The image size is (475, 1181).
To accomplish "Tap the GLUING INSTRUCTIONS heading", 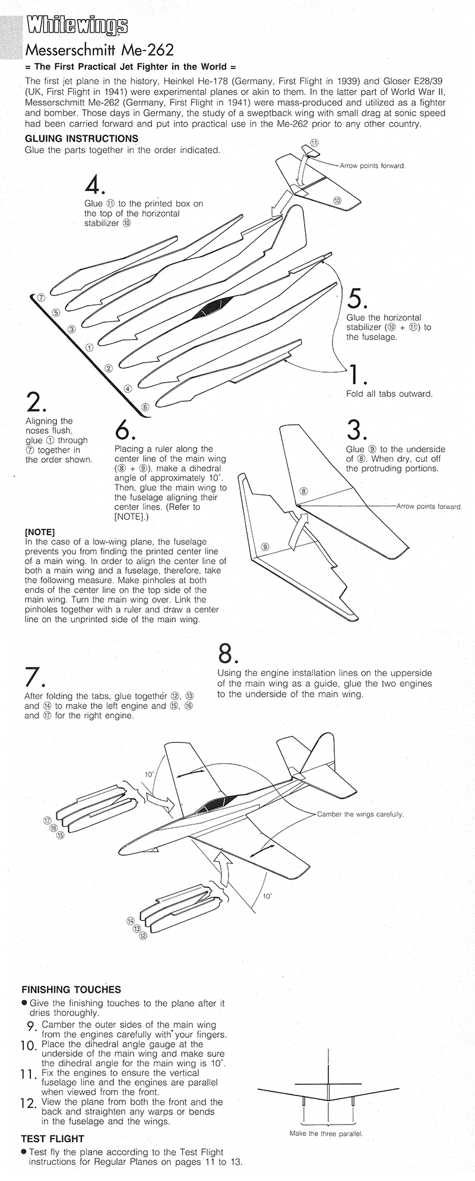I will click(81, 138).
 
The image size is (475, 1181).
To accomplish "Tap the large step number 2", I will click(34, 403).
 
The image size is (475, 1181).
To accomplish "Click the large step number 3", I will click(357, 430).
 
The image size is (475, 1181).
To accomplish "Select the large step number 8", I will click(228, 653).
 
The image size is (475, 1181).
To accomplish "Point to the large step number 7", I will click(34, 678).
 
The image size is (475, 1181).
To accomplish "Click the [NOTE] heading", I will click(40, 532).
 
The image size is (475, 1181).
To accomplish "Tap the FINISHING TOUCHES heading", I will click(71, 989).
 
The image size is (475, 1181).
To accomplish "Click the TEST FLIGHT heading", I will click(53, 1139).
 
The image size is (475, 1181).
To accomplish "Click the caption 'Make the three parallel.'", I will click(326, 1134).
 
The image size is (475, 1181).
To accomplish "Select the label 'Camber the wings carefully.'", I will click(360, 814).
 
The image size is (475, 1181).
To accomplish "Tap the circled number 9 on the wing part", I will click(265, 546).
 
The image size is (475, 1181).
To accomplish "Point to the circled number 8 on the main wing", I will click(304, 491).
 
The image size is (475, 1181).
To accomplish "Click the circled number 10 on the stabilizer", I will click(337, 200).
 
